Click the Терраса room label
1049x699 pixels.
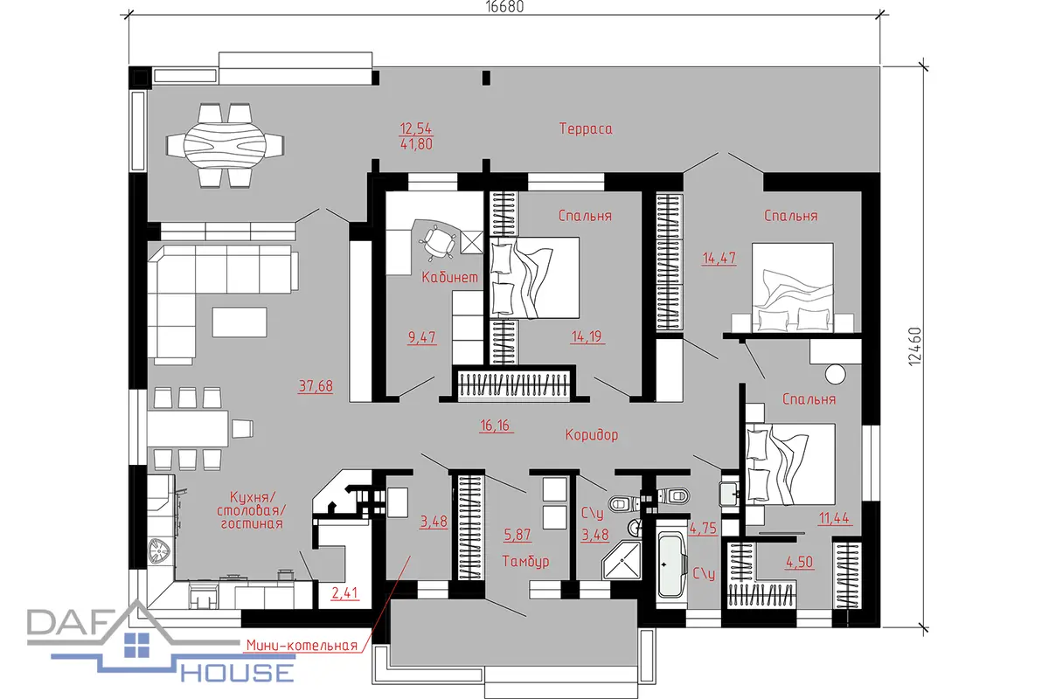(x=586, y=128)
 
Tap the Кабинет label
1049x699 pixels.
(x=449, y=277)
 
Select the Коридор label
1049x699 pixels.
(x=592, y=435)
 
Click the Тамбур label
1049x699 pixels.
(x=525, y=561)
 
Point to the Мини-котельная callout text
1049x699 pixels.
(x=302, y=646)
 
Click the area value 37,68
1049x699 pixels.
(x=316, y=386)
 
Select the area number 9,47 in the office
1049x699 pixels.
(x=422, y=337)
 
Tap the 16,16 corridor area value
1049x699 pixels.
(x=495, y=426)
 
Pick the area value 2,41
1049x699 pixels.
(x=344, y=593)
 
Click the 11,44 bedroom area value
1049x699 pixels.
(x=834, y=518)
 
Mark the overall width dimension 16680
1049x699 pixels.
(x=504, y=7)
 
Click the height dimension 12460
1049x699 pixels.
(x=914, y=347)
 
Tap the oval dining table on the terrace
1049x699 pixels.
(x=225, y=145)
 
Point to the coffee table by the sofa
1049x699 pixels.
(x=240, y=322)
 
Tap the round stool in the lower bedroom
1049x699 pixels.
(x=835, y=375)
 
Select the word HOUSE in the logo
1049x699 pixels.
(x=238, y=673)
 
